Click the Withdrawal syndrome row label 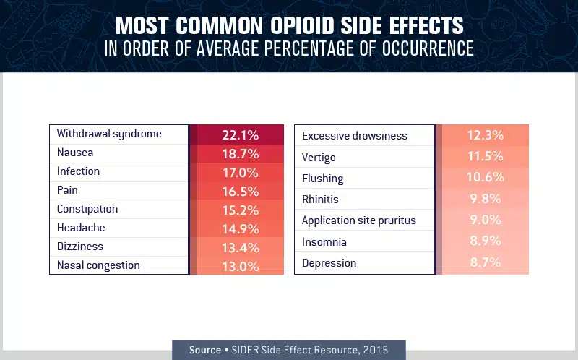coord(109,134)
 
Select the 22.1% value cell coord(238,134)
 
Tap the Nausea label coord(75,153)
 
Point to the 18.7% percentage coord(238,153)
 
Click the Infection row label coord(78,171)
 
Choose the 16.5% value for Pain coord(238,191)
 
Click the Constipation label coord(87,209)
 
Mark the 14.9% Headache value coord(238,228)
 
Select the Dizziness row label coord(80,247)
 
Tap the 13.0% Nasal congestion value coord(238,266)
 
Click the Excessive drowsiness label coord(355,136)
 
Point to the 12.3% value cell coord(485,135)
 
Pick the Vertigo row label coord(319,157)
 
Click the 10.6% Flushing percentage coord(485,178)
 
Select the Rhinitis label coord(320,199)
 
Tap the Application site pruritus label coord(359,220)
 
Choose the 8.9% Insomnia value coord(485,241)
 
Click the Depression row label coord(329,263)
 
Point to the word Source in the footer coord(205,350)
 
